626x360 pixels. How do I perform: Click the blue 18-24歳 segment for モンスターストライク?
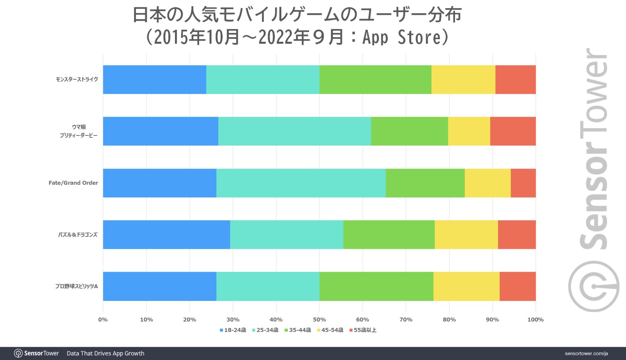pos(155,79)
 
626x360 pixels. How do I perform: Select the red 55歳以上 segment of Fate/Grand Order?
pos(523,183)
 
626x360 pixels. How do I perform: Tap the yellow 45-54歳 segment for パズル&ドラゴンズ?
pos(466,234)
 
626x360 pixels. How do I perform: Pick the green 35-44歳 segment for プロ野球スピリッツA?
pos(376,286)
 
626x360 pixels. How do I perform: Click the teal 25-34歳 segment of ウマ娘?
pos(294,131)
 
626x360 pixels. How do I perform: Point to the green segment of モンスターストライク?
pos(375,79)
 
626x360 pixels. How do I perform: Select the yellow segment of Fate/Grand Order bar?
pos(487,183)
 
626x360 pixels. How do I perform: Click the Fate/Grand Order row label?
pos(73,183)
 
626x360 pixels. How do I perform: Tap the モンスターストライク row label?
pos(77,79)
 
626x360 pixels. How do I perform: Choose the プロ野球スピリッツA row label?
pos(76,286)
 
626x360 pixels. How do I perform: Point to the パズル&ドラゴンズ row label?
pos(77,234)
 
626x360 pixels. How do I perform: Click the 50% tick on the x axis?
pos(319,320)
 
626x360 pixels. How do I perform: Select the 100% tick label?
pos(535,320)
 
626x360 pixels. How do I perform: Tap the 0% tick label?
pos(103,320)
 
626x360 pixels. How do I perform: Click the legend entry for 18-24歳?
pos(233,330)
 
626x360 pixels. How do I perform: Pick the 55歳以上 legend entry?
pos(363,330)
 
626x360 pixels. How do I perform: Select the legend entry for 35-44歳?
pos(298,330)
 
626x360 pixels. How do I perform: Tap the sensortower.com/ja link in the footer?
pos(586,353)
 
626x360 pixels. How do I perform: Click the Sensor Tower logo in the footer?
pos(36,353)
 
